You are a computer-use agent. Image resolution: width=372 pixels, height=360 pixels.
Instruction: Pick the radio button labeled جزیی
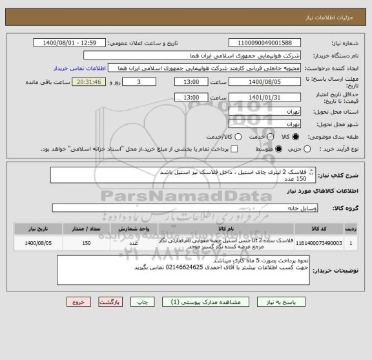coord(307,149)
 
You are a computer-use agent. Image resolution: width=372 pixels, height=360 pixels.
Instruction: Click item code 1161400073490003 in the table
coord(320,244)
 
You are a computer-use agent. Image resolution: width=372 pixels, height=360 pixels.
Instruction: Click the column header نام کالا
coord(226,229)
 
